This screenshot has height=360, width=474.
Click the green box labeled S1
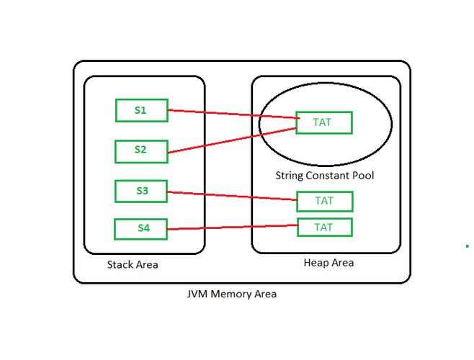click(141, 111)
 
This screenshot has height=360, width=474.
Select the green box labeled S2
click(141, 151)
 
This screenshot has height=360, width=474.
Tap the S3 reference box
click(141, 192)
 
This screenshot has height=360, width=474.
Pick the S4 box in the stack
click(141, 229)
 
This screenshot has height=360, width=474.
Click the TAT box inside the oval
click(323, 122)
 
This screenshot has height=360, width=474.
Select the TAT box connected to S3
click(325, 201)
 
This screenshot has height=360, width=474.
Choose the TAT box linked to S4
click(325, 228)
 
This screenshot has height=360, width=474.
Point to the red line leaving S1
click(231, 114)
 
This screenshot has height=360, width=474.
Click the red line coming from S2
click(231, 141)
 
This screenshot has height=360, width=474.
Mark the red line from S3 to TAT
click(231, 196)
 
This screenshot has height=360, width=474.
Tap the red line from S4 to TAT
click(231, 228)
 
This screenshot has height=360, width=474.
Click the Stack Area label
click(133, 265)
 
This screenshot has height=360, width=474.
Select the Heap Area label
click(328, 263)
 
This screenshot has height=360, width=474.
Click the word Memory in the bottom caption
click(230, 294)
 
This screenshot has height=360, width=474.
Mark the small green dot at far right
click(468, 246)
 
